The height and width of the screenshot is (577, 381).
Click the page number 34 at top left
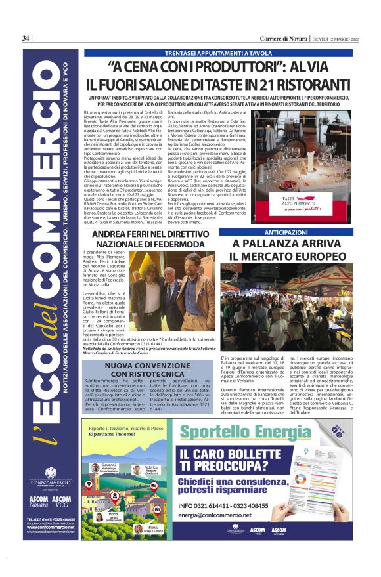coord(26,38)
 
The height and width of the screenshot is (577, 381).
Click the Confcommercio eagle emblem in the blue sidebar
coord(51,472)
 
